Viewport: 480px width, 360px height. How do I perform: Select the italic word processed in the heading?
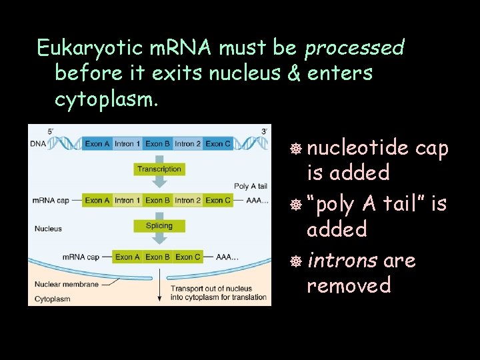pos(354,48)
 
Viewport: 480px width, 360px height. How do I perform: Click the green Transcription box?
pos(159,169)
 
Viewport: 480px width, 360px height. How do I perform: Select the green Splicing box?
pos(159,226)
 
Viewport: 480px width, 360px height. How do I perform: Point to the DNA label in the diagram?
pos(37,144)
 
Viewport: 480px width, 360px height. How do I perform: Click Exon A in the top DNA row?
pos(97,144)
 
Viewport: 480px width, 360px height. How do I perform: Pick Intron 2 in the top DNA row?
pos(187,144)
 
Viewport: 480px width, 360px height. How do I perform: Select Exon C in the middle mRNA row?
pos(218,200)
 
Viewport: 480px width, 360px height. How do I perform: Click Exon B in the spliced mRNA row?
pos(158,257)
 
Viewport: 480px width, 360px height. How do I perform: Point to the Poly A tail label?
pos(250,186)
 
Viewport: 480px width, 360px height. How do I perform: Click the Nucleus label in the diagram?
pos(48,229)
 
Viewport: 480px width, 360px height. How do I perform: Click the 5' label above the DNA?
pos(51,131)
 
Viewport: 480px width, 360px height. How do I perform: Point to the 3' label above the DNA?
pos(265,131)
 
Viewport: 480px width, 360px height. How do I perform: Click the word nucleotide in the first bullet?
pos(357,148)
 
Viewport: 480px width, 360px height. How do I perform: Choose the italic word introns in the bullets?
pos(341,260)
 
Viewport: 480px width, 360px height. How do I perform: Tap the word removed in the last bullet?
pos(349,285)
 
